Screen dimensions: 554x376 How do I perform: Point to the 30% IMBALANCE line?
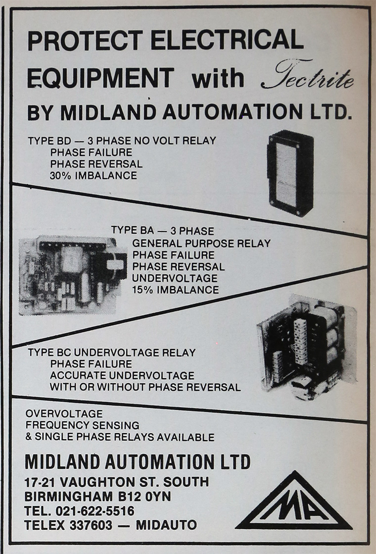click(x=94, y=175)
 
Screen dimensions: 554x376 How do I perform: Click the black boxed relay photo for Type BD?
click(x=290, y=173)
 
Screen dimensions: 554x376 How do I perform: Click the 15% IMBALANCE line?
click(x=175, y=290)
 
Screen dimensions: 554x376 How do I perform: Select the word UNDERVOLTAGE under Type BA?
click(x=175, y=278)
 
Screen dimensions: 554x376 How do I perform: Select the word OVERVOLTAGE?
click(x=64, y=413)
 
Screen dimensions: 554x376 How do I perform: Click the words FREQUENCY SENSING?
click(x=82, y=425)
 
